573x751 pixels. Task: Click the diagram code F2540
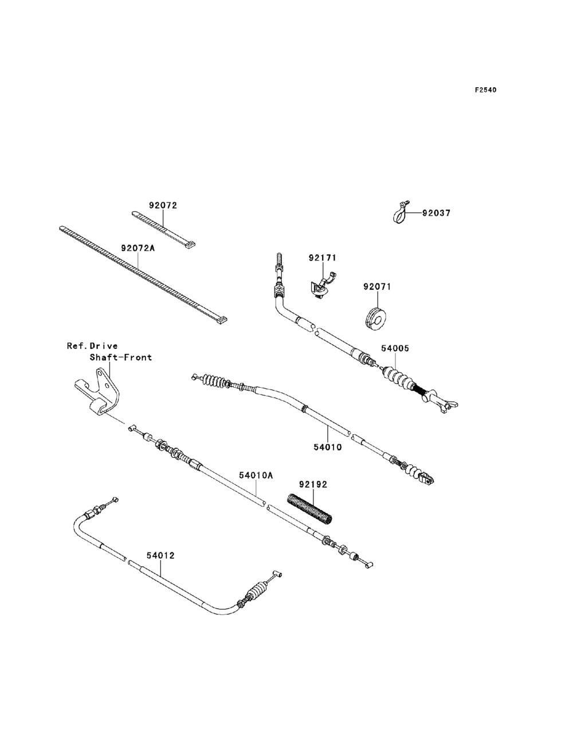[485, 90]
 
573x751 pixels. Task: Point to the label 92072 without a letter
[163, 205]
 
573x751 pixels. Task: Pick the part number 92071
[377, 286]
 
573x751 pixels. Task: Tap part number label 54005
[396, 348]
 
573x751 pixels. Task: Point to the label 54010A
[256, 475]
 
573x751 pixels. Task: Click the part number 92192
[312, 484]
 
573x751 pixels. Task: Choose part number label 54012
[160, 555]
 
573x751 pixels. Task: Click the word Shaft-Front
[120, 357]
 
